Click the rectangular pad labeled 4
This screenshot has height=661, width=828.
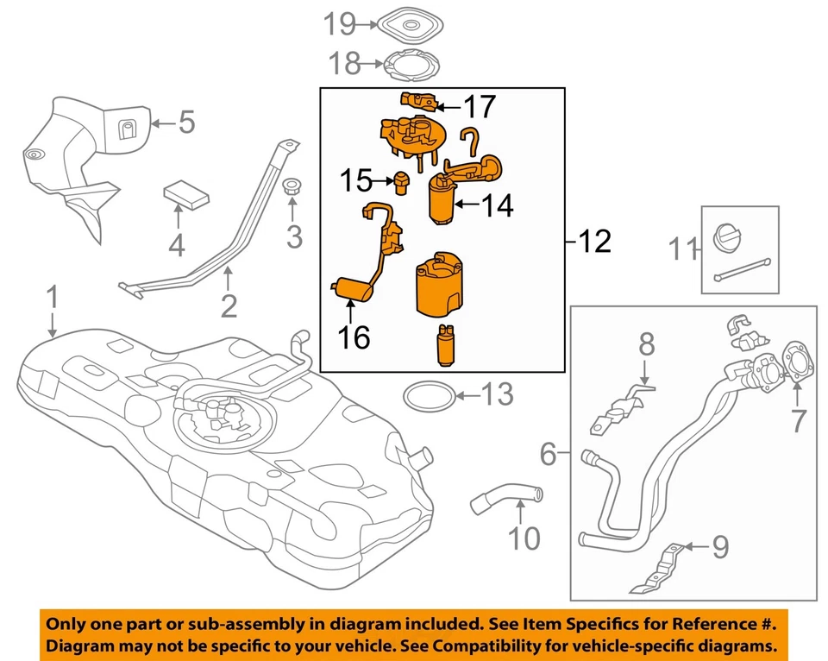(x=187, y=194)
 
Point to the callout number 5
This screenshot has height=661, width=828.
(x=187, y=123)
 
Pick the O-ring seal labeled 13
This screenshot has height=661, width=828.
(x=428, y=396)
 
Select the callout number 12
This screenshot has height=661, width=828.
(x=596, y=242)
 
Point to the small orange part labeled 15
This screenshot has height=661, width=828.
(x=400, y=181)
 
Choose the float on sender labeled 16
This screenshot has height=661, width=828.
(x=351, y=288)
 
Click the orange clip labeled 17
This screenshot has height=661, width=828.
(x=417, y=101)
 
